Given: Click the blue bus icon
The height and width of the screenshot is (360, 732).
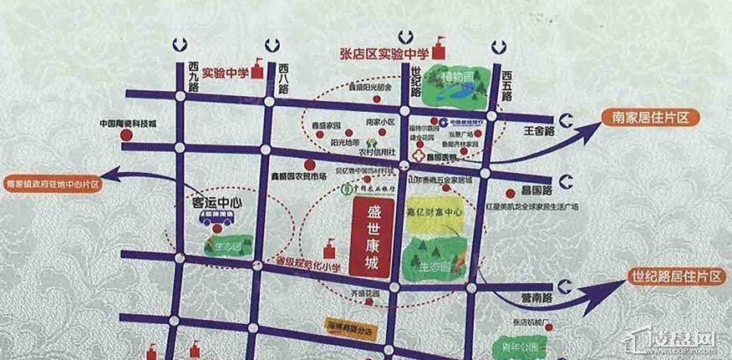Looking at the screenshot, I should pos(216,221).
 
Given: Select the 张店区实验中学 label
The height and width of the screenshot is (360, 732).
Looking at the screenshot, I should pos(384,53).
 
